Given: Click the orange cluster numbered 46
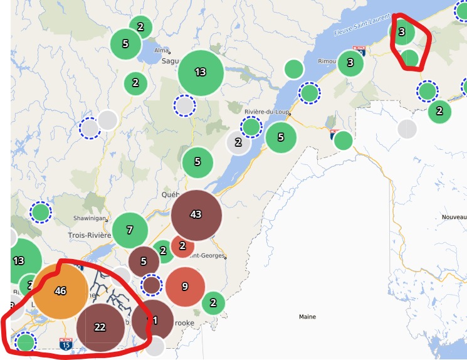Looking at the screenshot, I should (x=60, y=291).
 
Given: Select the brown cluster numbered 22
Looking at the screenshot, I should (x=100, y=327).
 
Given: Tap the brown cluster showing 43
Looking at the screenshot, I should (x=196, y=214).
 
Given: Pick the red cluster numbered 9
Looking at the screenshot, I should (x=185, y=287).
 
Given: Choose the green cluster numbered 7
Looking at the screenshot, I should (x=130, y=230).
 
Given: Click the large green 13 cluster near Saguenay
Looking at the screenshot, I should (x=201, y=72).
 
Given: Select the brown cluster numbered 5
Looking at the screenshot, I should (x=144, y=262).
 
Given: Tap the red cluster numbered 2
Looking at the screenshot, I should (x=182, y=245).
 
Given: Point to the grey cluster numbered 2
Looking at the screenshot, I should (x=238, y=142).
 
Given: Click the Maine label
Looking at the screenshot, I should (x=307, y=317).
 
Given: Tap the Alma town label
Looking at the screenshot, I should (x=162, y=50).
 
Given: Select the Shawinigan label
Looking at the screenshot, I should (x=90, y=218).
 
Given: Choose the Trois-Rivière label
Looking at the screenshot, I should (x=89, y=235).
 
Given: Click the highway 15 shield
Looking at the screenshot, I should (x=65, y=344).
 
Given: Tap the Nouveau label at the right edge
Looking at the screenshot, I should (x=454, y=216).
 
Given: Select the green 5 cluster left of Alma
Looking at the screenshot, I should (x=125, y=44).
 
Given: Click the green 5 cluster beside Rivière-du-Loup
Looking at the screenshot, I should (x=281, y=137).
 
